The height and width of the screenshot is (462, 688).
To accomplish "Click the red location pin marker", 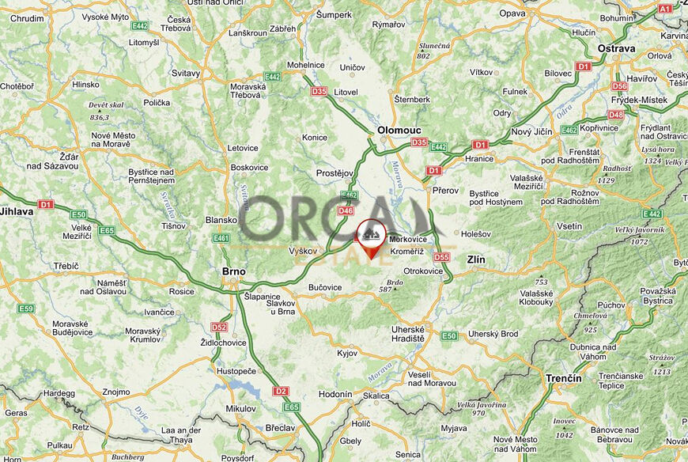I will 371,237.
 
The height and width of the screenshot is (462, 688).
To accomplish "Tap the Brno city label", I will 233,271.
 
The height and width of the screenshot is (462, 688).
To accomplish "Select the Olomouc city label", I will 399,129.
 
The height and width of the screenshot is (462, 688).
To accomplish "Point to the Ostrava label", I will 617,48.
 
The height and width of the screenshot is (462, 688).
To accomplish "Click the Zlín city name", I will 476,259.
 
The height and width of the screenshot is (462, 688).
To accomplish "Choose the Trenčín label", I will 563,378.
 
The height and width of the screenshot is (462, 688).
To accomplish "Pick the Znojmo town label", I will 115,392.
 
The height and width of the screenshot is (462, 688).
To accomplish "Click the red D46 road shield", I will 346,210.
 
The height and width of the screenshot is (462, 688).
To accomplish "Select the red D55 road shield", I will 441,257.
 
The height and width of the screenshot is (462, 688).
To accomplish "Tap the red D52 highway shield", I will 219,327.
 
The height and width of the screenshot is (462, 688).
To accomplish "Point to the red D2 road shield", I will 280,391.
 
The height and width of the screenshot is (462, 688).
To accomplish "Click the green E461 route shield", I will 221,237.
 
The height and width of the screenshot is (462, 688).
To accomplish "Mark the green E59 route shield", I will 26,309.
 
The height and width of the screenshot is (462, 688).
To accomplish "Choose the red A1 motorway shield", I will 665,8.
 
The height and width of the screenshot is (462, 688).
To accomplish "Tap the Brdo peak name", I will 395,282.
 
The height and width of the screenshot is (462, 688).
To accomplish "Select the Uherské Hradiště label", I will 408,334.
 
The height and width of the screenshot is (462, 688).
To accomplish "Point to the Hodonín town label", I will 336,394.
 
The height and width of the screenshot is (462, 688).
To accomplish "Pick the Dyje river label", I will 143,411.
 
